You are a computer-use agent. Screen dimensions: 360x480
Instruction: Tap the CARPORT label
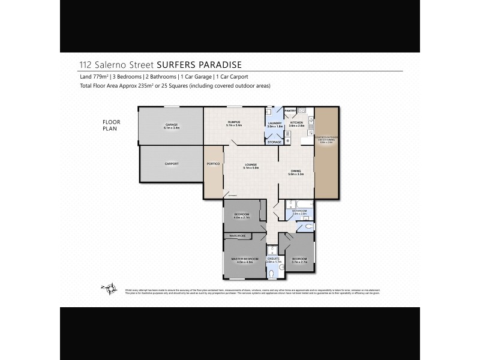coord(172,163)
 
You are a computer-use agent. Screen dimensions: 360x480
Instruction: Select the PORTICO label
coord(213,164)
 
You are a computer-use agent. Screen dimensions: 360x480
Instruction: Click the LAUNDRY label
coord(274,124)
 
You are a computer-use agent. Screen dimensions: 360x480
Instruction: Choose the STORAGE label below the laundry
coord(274,142)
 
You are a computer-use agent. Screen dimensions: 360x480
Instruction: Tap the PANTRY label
coord(290,110)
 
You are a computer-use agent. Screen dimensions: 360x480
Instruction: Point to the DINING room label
coord(296,172)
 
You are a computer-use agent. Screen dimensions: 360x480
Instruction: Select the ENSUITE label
coord(274,259)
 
